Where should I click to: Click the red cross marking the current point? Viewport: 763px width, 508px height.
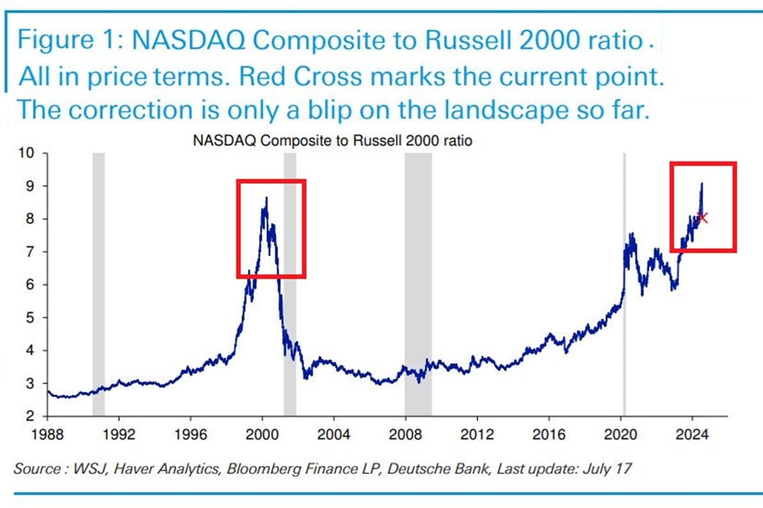[x=703, y=218]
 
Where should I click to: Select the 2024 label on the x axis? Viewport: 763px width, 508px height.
[x=692, y=435]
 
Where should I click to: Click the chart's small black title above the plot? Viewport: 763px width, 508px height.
[x=332, y=141]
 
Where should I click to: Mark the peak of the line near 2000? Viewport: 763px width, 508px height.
[x=266, y=199]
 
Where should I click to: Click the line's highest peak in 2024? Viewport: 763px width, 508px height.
[x=701, y=184]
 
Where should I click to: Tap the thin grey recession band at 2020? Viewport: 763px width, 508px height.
[x=624, y=282]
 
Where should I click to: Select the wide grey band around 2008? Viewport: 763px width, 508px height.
[x=418, y=282]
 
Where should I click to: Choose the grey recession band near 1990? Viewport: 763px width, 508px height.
[x=98, y=282]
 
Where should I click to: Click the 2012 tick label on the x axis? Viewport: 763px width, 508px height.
[x=477, y=435]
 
